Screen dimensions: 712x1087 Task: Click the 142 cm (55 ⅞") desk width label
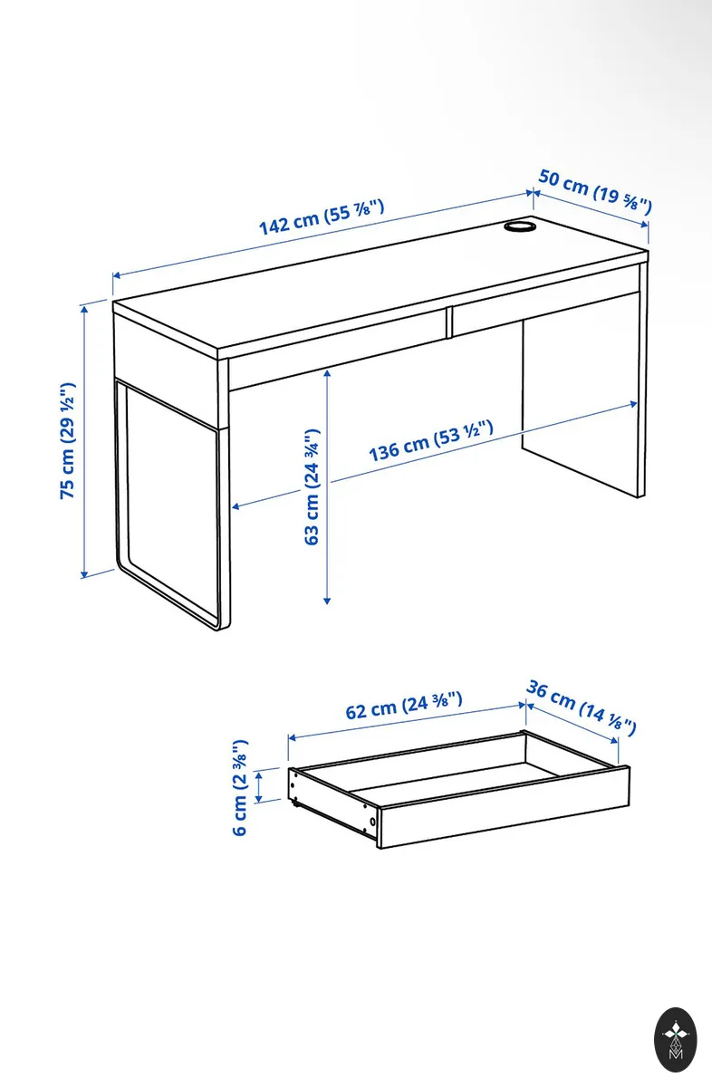point(322,216)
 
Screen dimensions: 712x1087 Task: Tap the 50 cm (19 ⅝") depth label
point(595,191)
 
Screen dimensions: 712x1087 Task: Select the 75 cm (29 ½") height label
point(67,440)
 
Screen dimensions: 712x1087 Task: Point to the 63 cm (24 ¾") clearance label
point(312,486)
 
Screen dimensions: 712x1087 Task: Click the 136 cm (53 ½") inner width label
point(431,441)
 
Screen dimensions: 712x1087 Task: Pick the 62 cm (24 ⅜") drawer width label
point(404,706)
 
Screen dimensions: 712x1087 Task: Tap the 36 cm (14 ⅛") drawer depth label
point(581,708)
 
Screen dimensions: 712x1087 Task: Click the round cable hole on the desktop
point(519,226)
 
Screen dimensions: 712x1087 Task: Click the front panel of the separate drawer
point(504,807)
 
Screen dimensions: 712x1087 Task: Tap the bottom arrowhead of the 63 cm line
point(327,601)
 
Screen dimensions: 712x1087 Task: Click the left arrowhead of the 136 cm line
point(236,506)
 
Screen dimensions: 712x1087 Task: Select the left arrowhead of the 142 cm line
point(117,275)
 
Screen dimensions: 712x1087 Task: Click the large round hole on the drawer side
point(372,822)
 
